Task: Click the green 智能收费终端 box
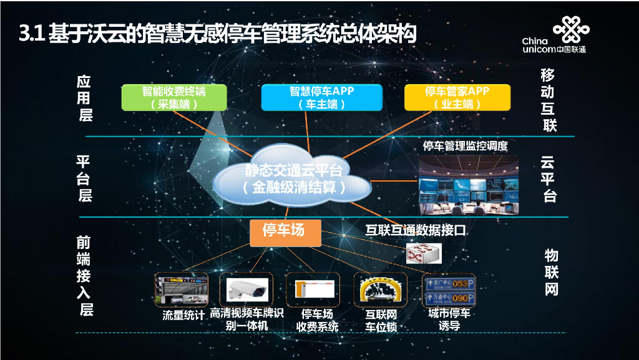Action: click(x=173, y=97)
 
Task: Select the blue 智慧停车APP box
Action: click(x=321, y=97)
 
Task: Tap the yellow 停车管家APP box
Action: click(x=457, y=97)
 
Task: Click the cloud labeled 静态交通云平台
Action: click(x=292, y=177)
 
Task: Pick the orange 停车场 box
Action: click(x=285, y=231)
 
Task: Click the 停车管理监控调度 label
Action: click(x=466, y=146)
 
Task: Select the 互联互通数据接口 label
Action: click(x=416, y=230)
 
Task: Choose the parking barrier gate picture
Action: click(x=313, y=289)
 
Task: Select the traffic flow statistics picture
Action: click(x=182, y=289)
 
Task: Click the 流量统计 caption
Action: click(x=183, y=315)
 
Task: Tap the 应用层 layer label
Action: click(x=85, y=98)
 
